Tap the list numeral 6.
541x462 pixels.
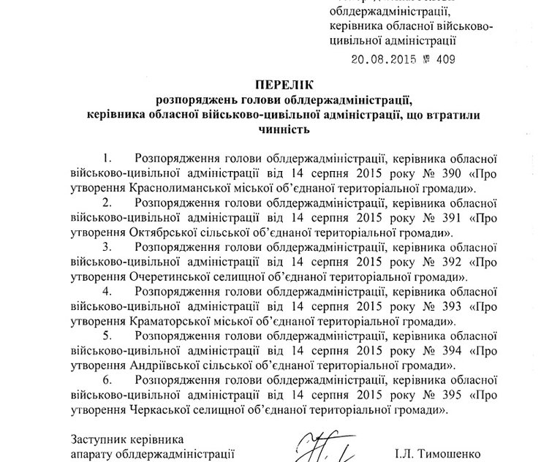click(x=108, y=379)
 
